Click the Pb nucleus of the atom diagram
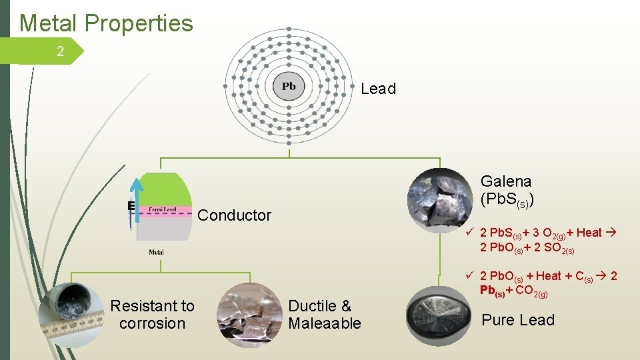point(289,87)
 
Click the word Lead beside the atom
point(378,89)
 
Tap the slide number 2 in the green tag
point(60,51)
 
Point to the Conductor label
point(235,215)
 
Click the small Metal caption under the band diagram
point(157,252)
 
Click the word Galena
point(506,181)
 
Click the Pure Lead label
point(518,320)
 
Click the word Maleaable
point(325,323)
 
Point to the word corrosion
point(152,323)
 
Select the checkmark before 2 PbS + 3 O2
point(470,233)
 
